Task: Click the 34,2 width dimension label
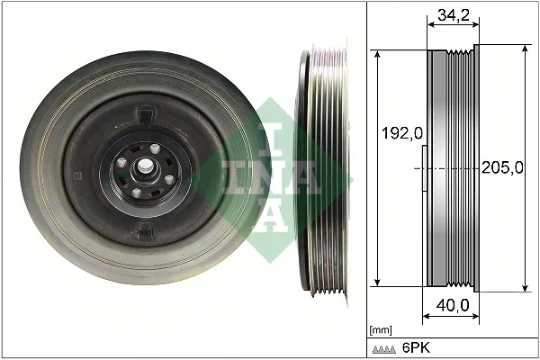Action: pos(451,15)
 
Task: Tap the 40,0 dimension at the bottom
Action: pos(451,307)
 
